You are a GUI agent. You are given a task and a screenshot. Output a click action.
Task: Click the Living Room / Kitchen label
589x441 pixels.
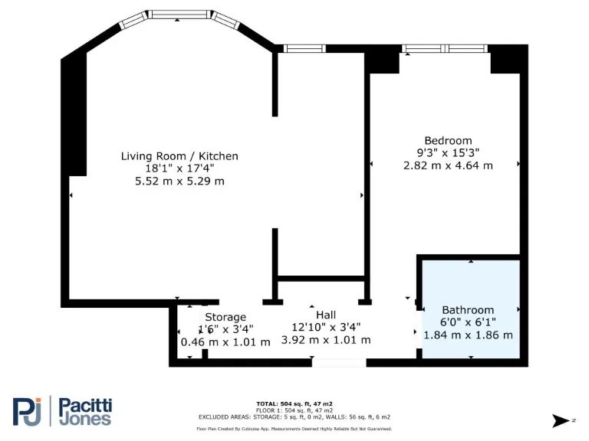click(x=179, y=156)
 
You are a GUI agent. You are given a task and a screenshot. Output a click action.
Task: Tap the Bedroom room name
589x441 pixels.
click(x=449, y=140)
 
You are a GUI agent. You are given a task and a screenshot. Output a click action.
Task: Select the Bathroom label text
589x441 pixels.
click(x=468, y=310)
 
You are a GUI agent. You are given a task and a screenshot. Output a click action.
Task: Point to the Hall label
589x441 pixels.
click(x=326, y=315)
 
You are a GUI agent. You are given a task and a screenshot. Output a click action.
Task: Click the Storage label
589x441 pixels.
click(x=225, y=317)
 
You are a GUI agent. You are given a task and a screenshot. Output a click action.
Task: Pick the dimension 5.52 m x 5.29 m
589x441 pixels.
click(x=179, y=181)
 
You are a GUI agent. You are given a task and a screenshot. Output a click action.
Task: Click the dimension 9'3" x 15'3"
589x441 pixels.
click(x=449, y=152)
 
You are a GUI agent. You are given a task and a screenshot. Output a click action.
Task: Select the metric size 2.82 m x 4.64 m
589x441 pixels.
click(x=449, y=165)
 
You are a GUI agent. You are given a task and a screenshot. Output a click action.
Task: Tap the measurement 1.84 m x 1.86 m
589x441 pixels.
click(x=468, y=335)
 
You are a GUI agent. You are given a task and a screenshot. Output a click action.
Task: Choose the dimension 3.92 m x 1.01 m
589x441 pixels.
click(x=326, y=340)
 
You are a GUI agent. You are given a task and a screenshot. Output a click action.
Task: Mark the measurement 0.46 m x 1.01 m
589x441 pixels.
click(x=225, y=341)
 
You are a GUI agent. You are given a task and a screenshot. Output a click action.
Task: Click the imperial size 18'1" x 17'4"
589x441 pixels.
click(x=179, y=168)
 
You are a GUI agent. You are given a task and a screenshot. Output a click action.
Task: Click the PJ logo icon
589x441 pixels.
click(x=28, y=411)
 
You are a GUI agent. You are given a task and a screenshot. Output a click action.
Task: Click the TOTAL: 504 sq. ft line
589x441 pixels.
click(x=294, y=403)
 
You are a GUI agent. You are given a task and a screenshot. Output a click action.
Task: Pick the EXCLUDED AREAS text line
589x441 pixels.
click(x=294, y=416)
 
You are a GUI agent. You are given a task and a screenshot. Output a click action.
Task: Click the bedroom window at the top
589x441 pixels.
click(x=446, y=49)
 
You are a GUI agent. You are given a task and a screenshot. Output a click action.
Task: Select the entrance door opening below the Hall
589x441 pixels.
click(x=338, y=362)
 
